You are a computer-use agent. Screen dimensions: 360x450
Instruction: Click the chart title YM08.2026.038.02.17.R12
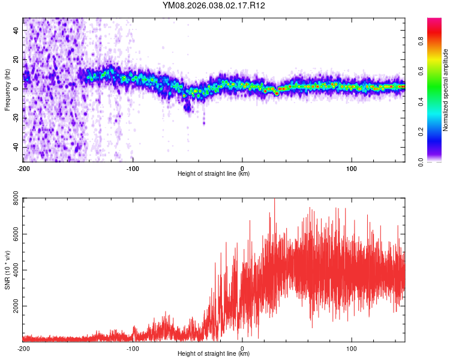coord(214,5)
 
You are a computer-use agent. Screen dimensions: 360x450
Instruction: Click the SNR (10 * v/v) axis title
coord(7,269)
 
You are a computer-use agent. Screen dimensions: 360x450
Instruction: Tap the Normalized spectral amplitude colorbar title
coord(446,90)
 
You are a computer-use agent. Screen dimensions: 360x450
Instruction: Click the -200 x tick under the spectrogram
coord(23,168)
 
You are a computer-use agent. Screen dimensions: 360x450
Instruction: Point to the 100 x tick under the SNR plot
coord(352,348)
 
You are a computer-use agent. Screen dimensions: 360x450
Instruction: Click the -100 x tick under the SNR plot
coord(133,348)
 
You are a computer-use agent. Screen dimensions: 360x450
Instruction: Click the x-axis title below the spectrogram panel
coord(214,174)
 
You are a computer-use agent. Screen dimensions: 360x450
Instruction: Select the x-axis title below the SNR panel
coord(214,354)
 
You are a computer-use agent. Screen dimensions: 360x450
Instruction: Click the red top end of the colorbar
coord(434,21)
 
